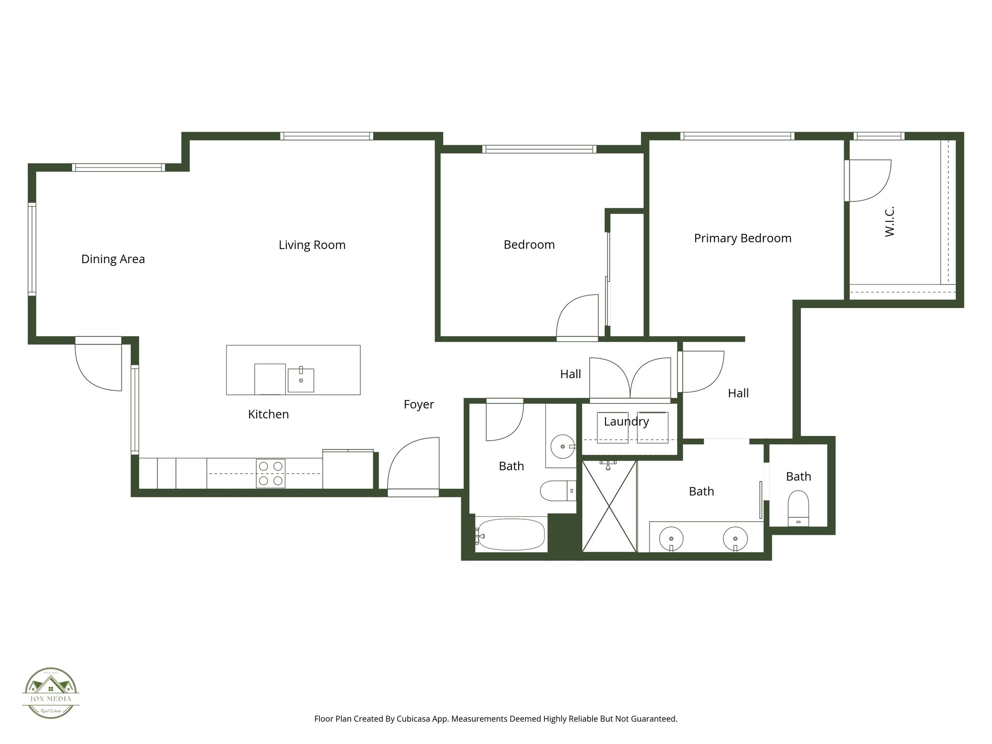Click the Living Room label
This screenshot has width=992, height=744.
pyautogui.click(x=312, y=245)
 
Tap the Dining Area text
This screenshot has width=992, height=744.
pyautogui.click(x=113, y=259)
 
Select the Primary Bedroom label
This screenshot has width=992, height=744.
pyautogui.click(x=742, y=238)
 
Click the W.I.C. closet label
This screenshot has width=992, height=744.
pyautogui.click(x=889, y=221)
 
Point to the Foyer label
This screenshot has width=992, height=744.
pyautogui.click(x=418, y=404)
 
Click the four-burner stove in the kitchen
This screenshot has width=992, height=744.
pyautogui.click(x=270, y=473)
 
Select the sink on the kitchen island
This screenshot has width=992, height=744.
pyautogui.click(x=301, y=380)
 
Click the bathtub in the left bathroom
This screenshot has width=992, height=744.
pyautogui.click(x=511, y=534)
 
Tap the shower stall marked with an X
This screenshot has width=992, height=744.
pyautogui.click(x=609, y=506)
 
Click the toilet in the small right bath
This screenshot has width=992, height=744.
pyautogui.click(x=798, y=508)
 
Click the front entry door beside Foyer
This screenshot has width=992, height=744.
pyautogui.click(x=413, y=465)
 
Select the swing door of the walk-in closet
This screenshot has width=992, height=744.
pyautogui.click(x=868, y=181)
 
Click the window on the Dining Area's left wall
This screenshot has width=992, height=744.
pyautogui.click(x=32, y=249)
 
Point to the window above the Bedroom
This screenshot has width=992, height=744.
pyautogui.click(x=539, y=149)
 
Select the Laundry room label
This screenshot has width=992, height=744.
pyautogui.click(x=626, y=421)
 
